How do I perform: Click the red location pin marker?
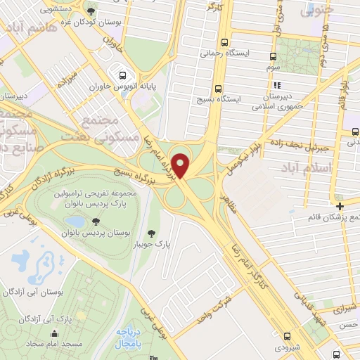[x=183, y=165]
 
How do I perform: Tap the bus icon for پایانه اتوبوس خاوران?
[x=123, y=75]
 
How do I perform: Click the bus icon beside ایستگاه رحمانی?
[x=224, y=41]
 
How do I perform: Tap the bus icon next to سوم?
[x=274, y=56]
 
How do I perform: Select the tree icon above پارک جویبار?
[x=151, y=233]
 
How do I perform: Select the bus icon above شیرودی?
[x=288, y=335]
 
